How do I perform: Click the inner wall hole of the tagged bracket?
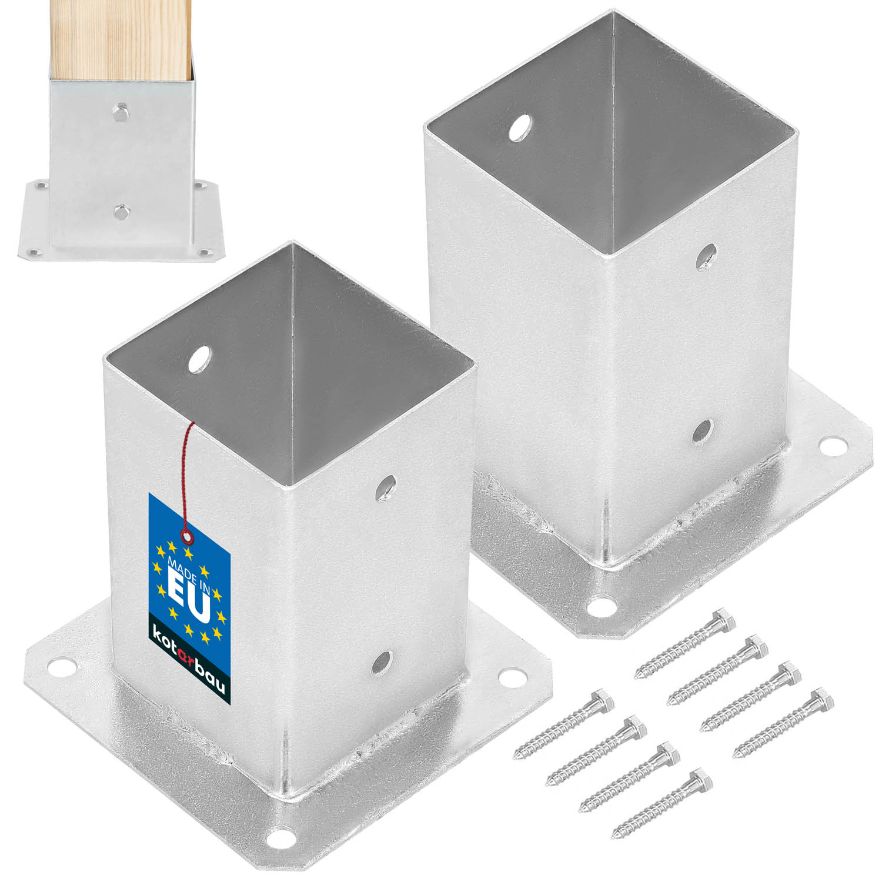click(201, 358)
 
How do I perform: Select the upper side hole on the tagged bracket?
click(386, 487)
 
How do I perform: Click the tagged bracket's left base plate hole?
click(60, 667)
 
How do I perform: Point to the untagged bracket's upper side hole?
click(706, 256)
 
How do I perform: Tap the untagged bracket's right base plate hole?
click(831, 443)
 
